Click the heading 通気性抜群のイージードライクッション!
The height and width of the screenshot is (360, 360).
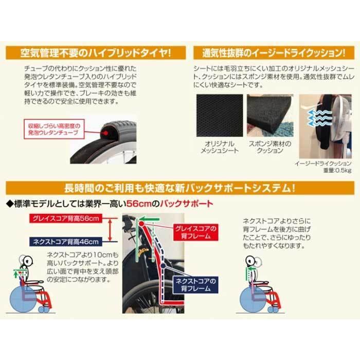click(x=269, y=53)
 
